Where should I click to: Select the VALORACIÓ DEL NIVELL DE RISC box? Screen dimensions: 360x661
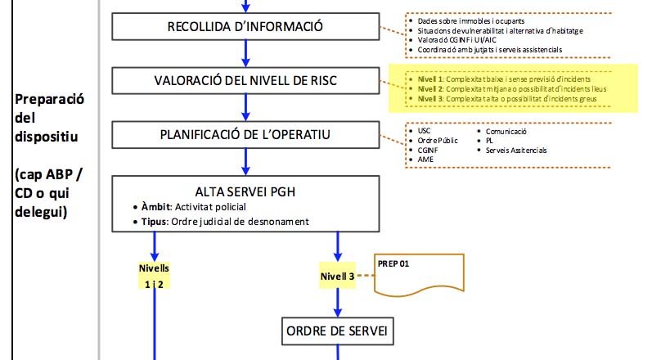click(245, 80)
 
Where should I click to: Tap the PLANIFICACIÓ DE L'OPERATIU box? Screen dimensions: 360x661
click(245, 134)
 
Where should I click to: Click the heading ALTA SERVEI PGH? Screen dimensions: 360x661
click(245, 191)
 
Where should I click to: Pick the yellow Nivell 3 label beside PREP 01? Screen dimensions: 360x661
click(337, 277)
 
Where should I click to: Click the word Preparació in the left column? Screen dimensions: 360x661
click(49, 99)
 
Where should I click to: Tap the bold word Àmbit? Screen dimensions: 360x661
click(155, 207)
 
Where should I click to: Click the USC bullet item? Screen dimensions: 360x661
click(424, 131)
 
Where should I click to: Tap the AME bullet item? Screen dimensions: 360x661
click(425, 160)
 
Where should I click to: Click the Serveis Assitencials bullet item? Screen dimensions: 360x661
click(515, 151)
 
